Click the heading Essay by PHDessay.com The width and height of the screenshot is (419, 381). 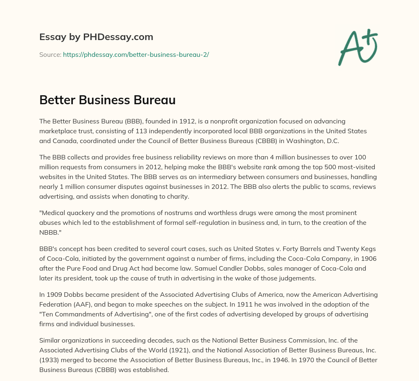point(96,37)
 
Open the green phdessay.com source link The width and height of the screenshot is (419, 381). point(136,54)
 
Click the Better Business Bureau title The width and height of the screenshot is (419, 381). point(107,100)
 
